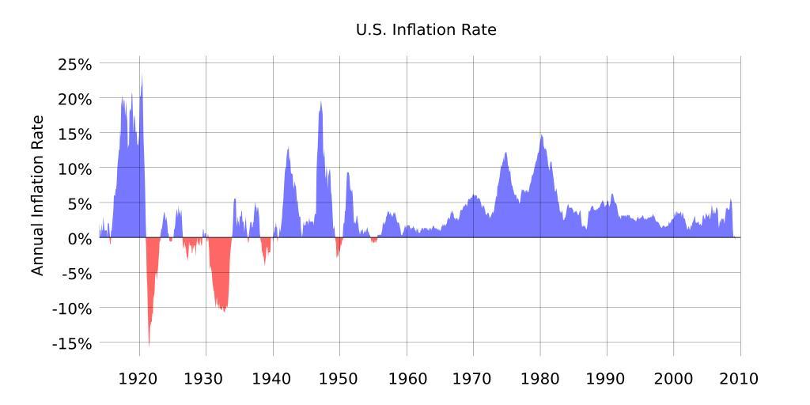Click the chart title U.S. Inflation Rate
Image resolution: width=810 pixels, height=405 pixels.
[426, 30]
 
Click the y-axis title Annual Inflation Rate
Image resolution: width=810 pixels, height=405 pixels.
[37, 195]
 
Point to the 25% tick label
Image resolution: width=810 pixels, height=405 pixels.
[75, 63]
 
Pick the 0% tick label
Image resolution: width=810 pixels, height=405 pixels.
[80, 238]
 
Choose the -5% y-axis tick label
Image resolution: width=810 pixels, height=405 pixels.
[75, 273]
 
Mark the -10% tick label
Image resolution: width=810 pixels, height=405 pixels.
[72, 308]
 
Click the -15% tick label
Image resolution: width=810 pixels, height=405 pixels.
[72, 343]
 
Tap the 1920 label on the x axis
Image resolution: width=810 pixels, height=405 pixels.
[140, 379]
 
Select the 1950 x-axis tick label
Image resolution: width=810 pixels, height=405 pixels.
[340, 379]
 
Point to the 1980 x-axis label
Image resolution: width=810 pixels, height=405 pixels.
[540, 379]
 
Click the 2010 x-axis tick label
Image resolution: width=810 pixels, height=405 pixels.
[740, 379]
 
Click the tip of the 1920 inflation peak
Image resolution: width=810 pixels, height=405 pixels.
[142, 76]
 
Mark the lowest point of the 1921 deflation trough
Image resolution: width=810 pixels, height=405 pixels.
[149, 345]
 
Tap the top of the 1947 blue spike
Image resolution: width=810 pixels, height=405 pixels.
[320, 101]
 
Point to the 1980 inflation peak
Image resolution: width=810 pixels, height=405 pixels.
[541, 134]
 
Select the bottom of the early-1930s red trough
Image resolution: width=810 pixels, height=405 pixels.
[224, 311]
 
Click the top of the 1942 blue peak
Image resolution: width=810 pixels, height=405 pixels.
[288, 147]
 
